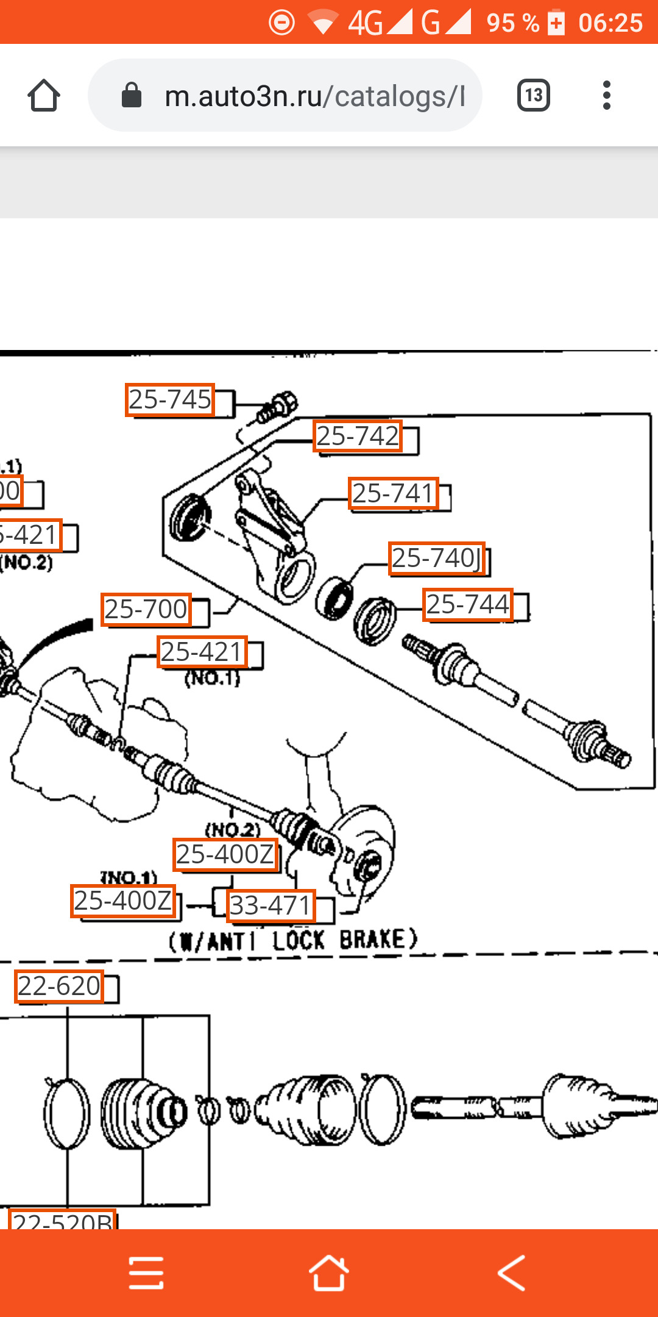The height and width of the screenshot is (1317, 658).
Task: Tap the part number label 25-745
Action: (x=170, y=400)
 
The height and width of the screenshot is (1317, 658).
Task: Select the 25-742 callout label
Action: (x=358, y=437)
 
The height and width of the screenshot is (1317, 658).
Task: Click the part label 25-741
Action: (x=394, y=493)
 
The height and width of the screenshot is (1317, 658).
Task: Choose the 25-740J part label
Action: (x=437, y=559)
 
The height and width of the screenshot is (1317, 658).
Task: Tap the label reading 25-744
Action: (x=467, y=605)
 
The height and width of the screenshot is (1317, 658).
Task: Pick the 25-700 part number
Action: (x=146, y=609)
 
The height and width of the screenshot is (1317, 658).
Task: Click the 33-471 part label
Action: (x=271, y=905)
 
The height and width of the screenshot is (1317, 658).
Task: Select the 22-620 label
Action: (x=59, y=987)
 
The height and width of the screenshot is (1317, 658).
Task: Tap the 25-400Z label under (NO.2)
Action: (x=225, y=855)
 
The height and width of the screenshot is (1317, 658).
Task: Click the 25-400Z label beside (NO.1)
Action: (x=123, y=901)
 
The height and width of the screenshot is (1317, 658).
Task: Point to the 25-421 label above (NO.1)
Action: (x=202, y=652)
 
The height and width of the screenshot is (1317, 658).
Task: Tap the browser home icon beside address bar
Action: (x=44, y=96)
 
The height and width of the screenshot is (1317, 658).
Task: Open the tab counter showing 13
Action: (x=534, y=96)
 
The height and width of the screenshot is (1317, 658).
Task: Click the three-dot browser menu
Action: (x=606, y=96)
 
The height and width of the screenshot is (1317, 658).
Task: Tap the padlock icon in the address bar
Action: (x=132, y=96)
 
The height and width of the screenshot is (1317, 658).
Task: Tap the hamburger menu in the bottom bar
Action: (x=146, y=1272)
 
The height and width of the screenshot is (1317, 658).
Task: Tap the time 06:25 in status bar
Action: (x=610, y=23)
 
